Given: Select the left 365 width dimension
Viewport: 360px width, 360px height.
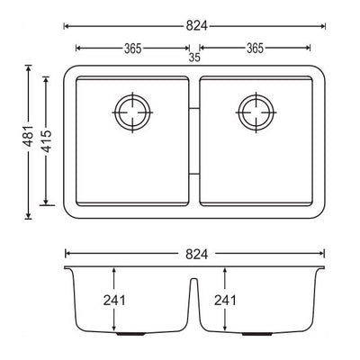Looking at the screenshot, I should pos(135,48).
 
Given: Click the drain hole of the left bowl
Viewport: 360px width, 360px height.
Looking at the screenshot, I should pos(132,112).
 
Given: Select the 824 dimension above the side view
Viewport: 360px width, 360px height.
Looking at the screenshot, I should pos(195,255).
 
